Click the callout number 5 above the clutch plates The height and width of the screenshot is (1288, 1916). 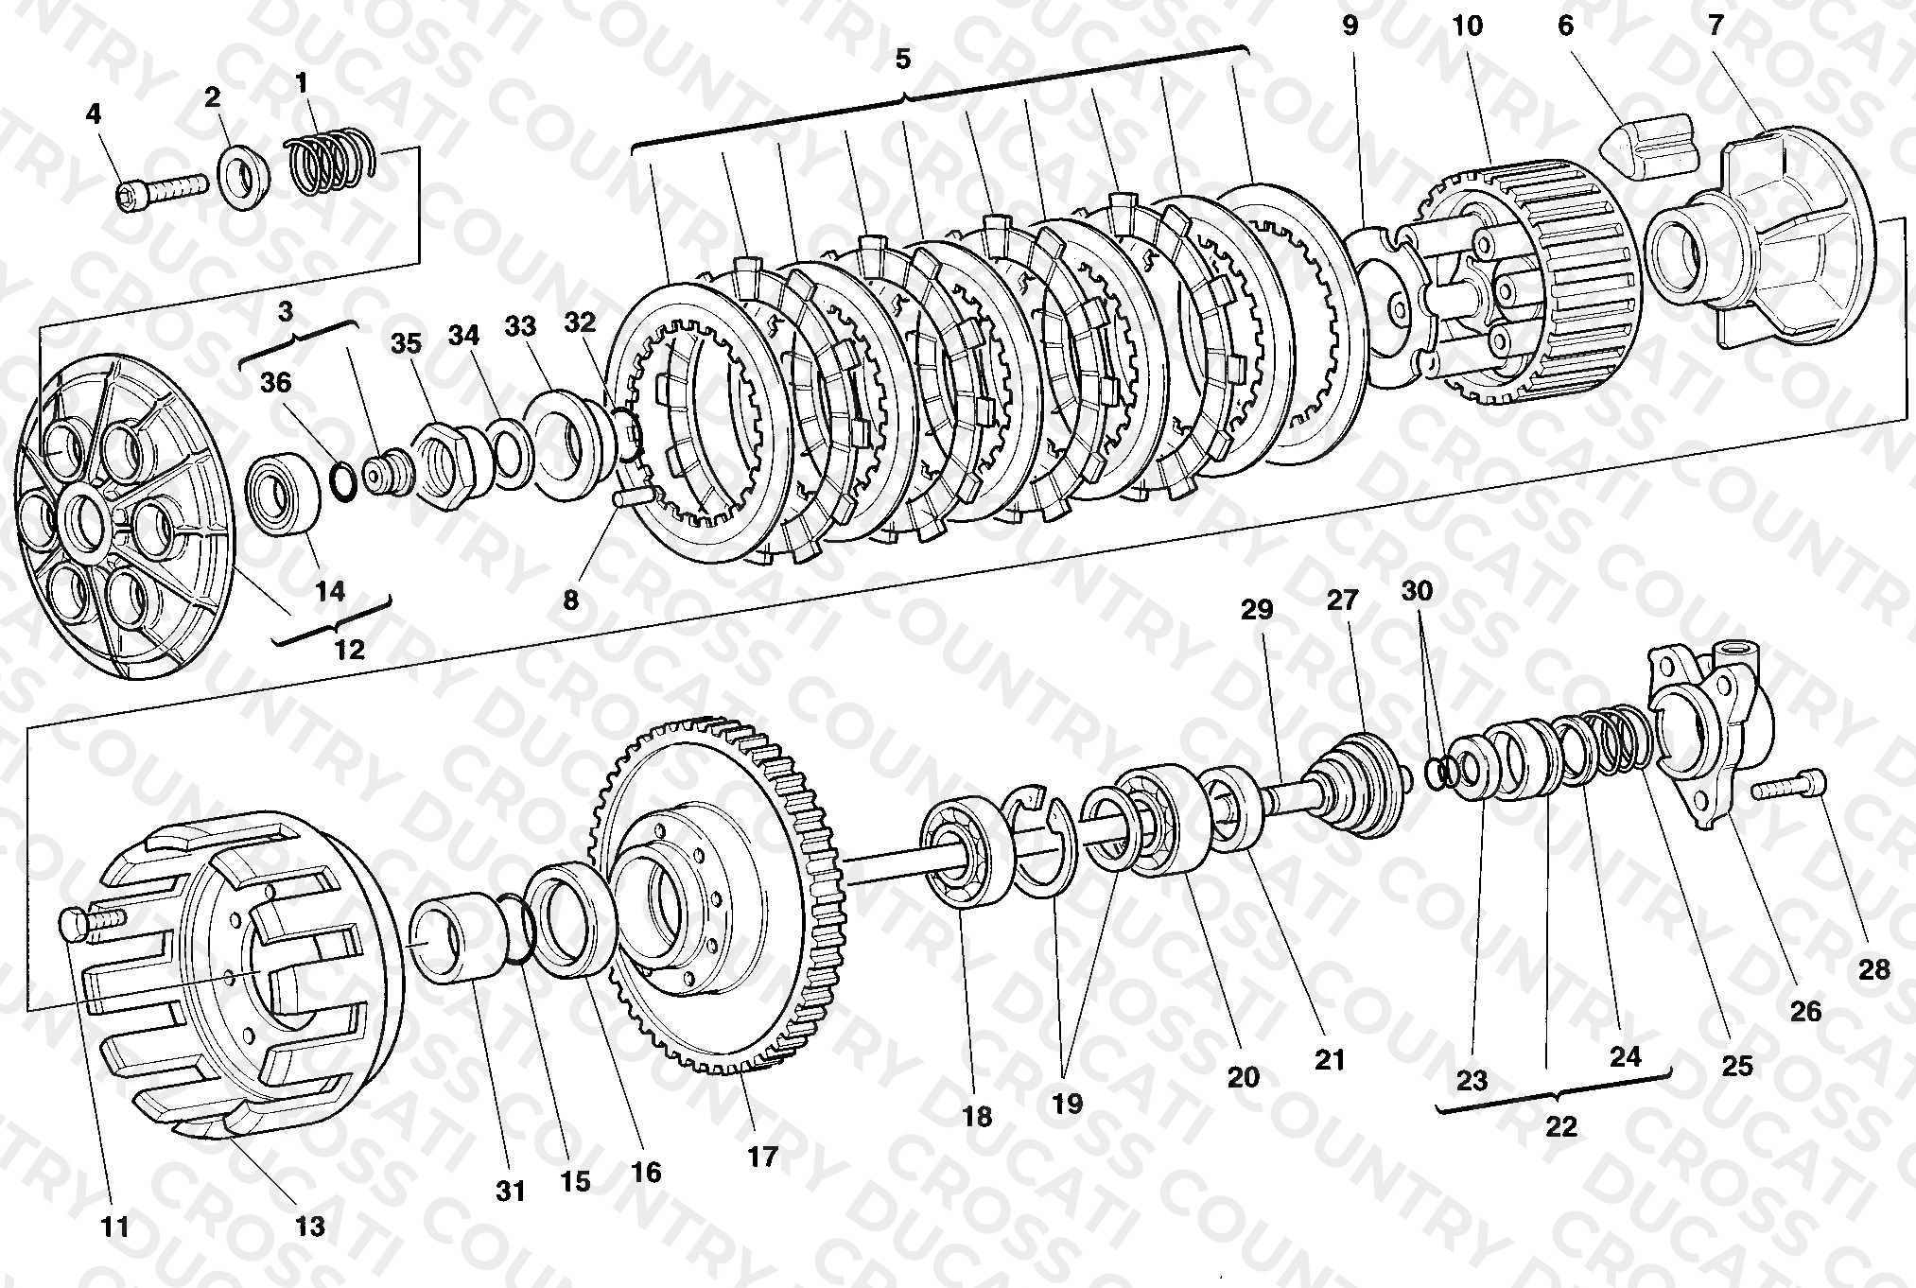point(902,61)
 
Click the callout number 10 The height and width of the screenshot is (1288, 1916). point(1468,26)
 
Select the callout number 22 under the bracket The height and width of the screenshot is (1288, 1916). point(1561,1126)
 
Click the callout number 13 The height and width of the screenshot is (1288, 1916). point(309,1227)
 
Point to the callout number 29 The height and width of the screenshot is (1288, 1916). point(1257,610)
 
